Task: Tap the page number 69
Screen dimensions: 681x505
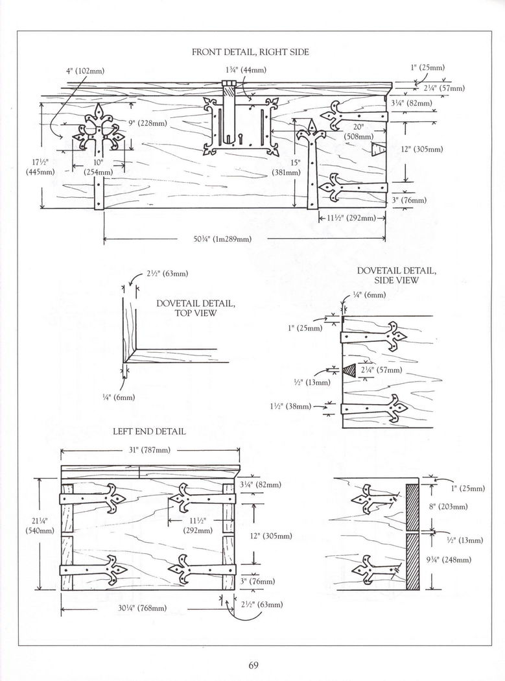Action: coord(253,665)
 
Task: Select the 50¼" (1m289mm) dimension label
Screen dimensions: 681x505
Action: coord(222,239)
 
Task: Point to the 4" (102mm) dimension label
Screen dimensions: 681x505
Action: coord(85,71)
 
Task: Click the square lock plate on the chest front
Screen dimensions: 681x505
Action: coord(241,126)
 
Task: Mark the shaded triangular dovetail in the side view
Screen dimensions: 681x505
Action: coord(349,370)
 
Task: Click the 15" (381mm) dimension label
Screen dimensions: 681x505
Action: coord(287,167)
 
